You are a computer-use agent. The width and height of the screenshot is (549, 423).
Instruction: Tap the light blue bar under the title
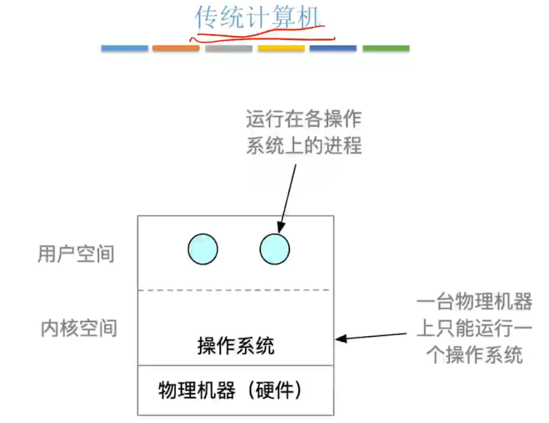tap(124, 48)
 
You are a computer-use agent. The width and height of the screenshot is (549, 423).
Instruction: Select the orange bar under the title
tap(176, 48)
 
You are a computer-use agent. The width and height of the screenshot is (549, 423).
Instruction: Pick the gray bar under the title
tap(229, 48)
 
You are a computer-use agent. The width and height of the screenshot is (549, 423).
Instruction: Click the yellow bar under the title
tap(281, 48)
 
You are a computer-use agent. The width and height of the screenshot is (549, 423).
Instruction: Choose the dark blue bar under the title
tap(333, 48)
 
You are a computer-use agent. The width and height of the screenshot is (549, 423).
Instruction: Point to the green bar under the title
tap(386, 48)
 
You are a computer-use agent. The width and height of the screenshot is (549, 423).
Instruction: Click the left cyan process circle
tap(203, 250)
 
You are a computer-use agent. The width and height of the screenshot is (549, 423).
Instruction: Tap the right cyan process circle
tap(275, 250)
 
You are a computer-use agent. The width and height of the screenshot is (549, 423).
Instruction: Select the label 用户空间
tap(76, 254)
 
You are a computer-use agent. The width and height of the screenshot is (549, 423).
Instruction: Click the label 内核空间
tap(79, 328)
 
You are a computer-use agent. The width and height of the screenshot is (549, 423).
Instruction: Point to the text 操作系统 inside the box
tap(236, 346)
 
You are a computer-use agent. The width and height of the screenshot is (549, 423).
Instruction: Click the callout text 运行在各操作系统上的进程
tap(304, 132)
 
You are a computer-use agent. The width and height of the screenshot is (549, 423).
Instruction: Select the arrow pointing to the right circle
tap(287, 196)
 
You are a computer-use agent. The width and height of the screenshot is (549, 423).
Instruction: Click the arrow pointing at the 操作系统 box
tap(371, 336)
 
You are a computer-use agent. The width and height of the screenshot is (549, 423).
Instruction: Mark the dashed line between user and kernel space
tap(236, 290)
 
